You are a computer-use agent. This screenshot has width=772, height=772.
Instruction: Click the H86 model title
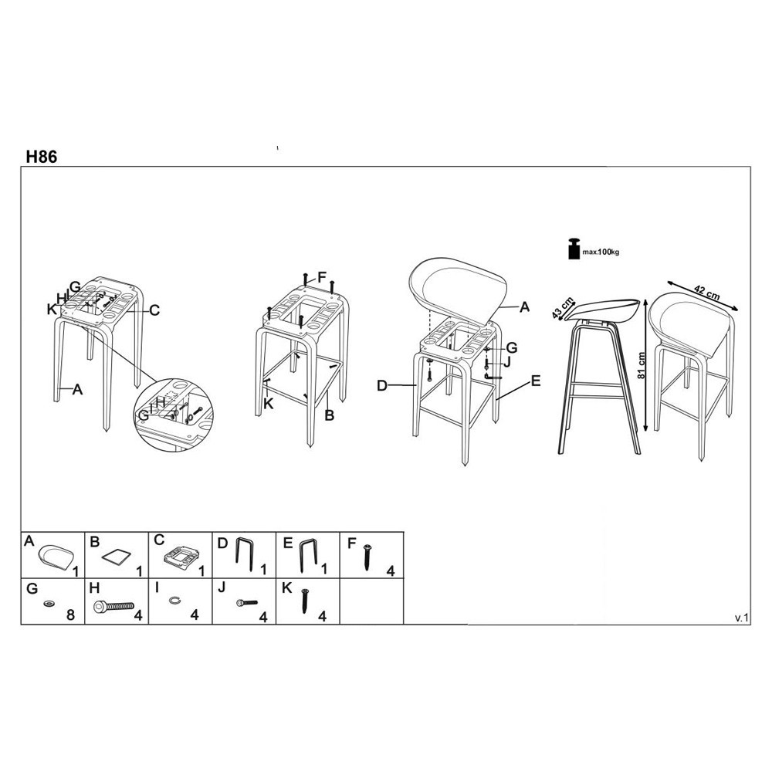coord(42,156)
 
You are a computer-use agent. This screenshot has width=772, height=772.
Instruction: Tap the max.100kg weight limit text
coord(601,252)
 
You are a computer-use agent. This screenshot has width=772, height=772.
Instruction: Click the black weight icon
coord(574,249)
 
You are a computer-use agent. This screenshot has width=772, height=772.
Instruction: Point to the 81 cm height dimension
coord(641,365)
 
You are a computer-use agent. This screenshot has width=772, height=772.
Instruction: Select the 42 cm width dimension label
coord(706,293)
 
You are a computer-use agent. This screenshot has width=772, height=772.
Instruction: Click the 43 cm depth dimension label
coord(563,308)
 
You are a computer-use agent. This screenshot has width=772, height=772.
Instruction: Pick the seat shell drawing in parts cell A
coord(56,557)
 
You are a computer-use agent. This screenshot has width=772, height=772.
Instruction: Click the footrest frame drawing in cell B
coord(117,557)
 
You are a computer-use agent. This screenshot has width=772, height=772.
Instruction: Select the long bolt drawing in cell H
coord(113,606)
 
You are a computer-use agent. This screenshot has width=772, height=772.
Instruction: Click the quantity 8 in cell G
coord(70,615)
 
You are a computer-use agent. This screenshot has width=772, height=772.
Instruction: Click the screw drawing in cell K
coord(305,600)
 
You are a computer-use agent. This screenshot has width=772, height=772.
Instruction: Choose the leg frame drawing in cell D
coord(245,554)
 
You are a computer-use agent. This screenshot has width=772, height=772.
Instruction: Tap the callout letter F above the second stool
coord(322,277)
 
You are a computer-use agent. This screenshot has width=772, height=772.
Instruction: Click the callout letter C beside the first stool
coord(154,310)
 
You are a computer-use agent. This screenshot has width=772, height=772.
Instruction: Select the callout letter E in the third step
coord(536,381)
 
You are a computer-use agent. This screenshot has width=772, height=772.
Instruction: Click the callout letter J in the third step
coord(507,362)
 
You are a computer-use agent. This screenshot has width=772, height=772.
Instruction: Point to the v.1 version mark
coord(741,618)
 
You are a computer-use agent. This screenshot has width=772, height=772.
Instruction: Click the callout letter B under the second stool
coord(330,415)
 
